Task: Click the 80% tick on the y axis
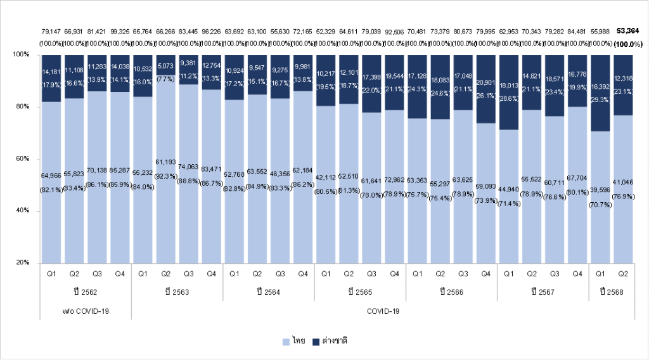pos(22,106)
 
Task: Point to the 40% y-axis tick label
pos(22,210)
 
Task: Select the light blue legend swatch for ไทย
pos(286,341)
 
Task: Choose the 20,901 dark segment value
pos(486,84)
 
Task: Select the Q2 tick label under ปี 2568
pos(622,274)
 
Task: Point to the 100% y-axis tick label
pos(20,55)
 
